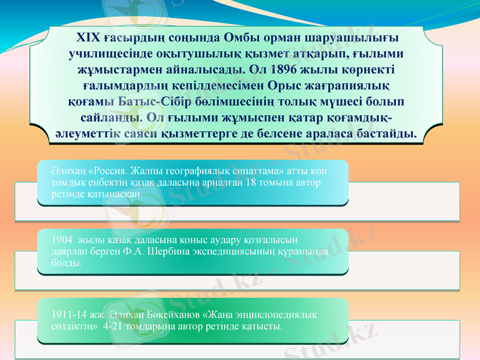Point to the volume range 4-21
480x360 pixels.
(x=113, y=326)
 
